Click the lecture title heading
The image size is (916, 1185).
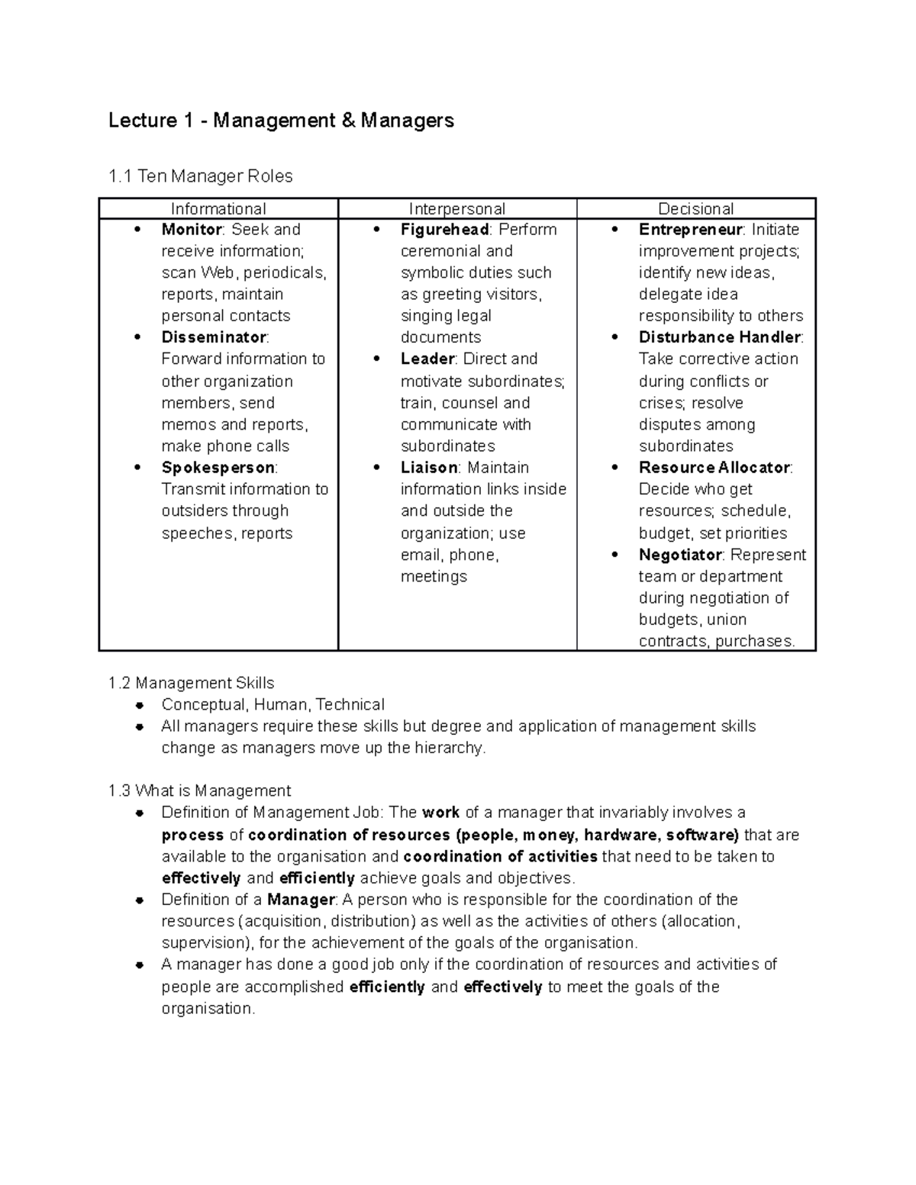[x=281, y=121]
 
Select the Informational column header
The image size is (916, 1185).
[x=218, y=209]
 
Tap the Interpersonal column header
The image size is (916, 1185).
[x=456, y=209]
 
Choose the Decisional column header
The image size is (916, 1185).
[x=695, y=209]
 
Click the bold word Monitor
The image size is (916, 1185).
[x=191, y=230]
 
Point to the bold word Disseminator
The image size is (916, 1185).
[x=214, y=337]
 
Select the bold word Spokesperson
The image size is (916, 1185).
[x=218, y=468]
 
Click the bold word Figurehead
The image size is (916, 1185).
[x=444, y=230]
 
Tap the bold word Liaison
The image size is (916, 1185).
[x=429, y=468]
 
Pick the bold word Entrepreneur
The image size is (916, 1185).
[x=690, y=230]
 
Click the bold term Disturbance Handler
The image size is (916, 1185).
[x=719, y=337]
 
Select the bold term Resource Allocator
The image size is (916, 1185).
[x=714, y=468]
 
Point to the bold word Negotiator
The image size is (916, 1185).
[x=680, y=555]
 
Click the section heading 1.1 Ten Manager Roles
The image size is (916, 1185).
[x=201, y=176]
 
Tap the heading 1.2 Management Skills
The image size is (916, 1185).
[x=192, y=683]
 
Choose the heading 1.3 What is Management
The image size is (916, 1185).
[x=200, y=791]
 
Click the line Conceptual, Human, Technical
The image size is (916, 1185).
[x=273, y=704]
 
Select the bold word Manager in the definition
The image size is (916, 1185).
[x=301, y=900]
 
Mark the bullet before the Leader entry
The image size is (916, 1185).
[x=376, y=359]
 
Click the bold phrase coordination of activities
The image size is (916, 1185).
[x=500, y=856]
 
